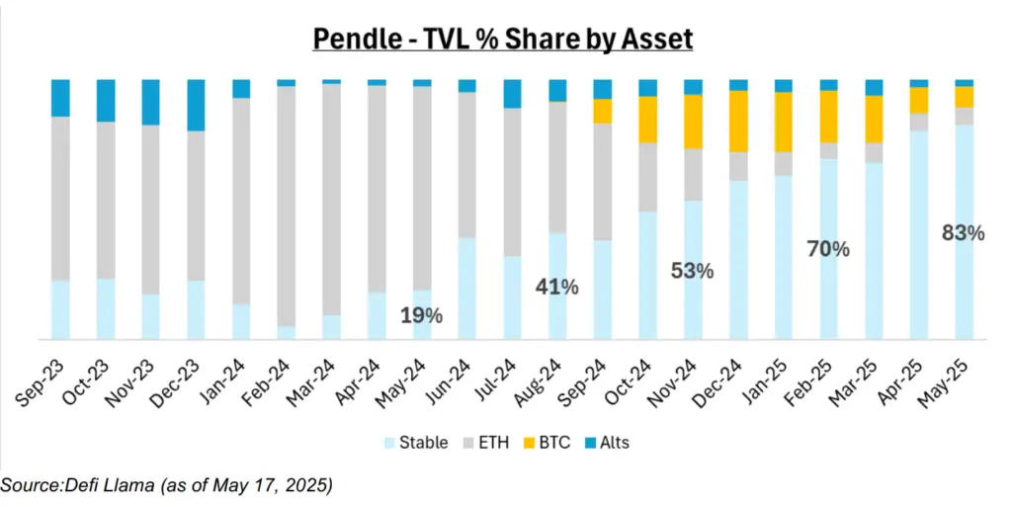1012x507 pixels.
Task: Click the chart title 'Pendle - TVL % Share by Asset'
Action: point(503,39)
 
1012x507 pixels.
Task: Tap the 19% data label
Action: point(421,316)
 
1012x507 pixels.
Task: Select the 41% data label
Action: point(556,288)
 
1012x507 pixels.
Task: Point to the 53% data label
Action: point(692,270)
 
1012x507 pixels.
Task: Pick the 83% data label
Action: point(963,233)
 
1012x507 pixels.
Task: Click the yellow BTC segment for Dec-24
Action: point(737,121)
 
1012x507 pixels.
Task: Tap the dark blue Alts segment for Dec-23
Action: point(196,105)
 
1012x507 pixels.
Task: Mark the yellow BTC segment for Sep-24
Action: point(602,111)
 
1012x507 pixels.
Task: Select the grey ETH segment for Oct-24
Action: point(647,177)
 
